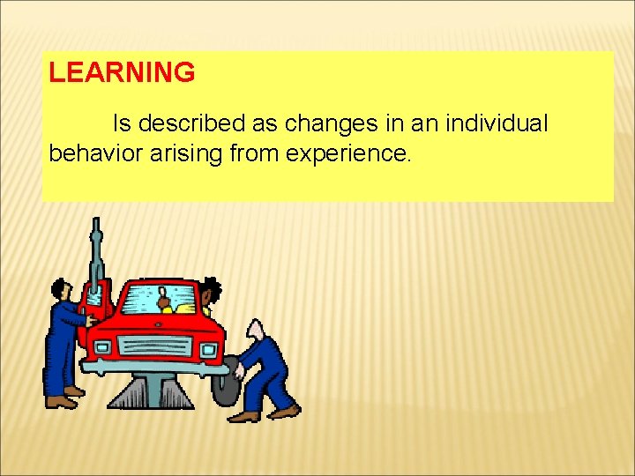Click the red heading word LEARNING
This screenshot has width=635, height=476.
tap(122, 73)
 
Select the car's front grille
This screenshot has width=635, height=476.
tap(153, 346)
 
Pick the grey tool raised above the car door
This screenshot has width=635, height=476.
tap(96, 256)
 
